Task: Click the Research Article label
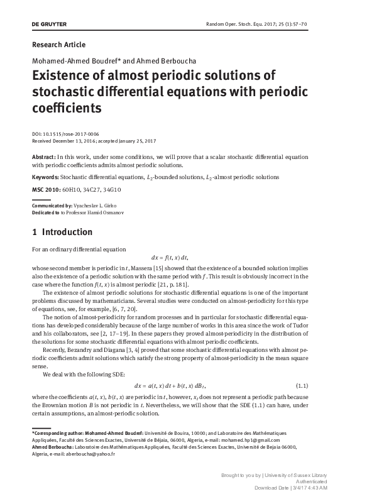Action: tap(58, 45)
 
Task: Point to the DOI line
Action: tap(65, 134)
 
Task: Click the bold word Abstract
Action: tap(43, 157)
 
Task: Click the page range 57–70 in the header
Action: tap(333, 25)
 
